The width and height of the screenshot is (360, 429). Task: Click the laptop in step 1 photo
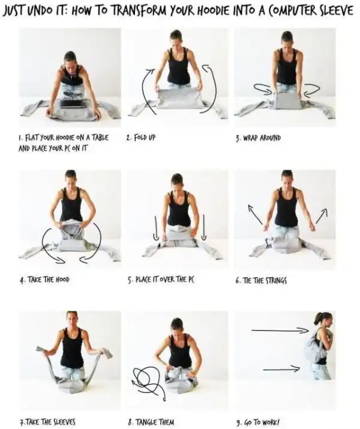click(x=73, y=104)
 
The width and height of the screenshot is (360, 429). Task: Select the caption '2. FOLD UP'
click(x=141, y=137)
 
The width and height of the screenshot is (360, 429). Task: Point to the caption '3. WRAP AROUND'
click(x=258, y=137)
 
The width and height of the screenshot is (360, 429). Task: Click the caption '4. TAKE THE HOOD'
click(x=44, y=280)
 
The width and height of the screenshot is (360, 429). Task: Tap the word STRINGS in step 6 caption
click(x=277, y=280)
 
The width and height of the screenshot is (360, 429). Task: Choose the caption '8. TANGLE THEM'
click(x=151, y=422)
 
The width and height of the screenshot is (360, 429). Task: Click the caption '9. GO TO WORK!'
click(x=257, y=422)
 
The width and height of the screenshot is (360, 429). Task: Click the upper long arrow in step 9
click(x=280, y=331)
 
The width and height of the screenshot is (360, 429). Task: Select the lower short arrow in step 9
click(x=281, y=369)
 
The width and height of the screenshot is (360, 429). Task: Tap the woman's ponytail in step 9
click(x=318, y=319)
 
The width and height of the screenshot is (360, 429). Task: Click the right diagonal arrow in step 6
click(x=322, y=216)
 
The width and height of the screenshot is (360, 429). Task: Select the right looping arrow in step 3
click(x=312, y=89)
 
